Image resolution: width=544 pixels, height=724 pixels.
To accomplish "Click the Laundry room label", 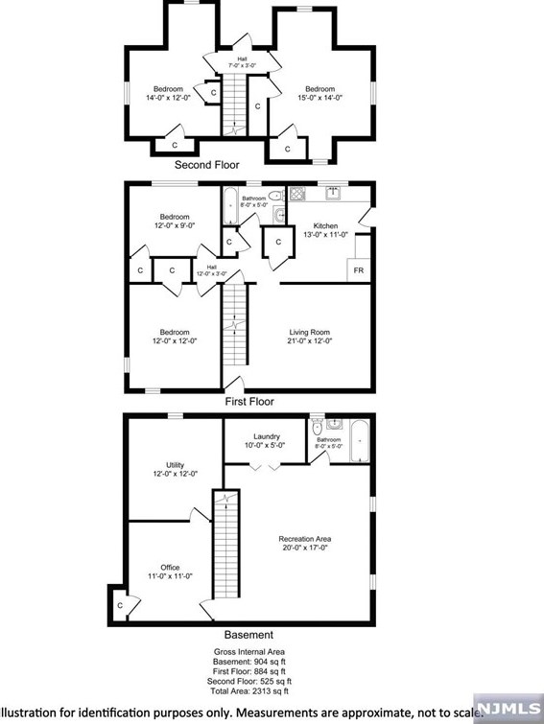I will click(266, 440).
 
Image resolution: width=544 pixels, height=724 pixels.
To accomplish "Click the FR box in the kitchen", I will click(358, 270).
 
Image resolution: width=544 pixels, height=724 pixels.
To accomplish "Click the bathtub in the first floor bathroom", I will click(231, 204).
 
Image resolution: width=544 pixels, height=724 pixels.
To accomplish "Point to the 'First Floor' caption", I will click(248, 402).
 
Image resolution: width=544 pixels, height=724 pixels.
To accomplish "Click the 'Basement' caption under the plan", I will click(248, 635).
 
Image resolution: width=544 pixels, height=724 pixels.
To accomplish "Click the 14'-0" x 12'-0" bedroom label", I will click(168, 94).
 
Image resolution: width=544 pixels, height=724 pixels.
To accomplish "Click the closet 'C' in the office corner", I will click(120, 606).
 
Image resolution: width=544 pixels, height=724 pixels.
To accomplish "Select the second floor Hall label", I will click(240, 63).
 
